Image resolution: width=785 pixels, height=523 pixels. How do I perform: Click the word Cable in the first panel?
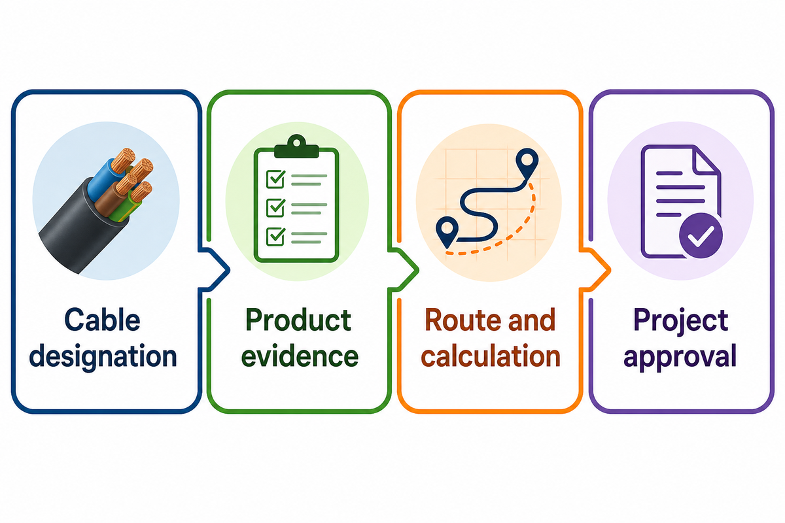102,320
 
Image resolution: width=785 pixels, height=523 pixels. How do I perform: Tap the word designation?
103,356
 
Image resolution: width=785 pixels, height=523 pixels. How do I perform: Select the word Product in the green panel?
298,320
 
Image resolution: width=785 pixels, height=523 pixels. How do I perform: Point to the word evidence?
300,356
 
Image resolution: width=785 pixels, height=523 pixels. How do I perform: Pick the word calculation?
490,356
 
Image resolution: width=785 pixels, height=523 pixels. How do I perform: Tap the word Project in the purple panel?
681,321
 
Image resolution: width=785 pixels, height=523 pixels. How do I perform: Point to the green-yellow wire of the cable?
126,209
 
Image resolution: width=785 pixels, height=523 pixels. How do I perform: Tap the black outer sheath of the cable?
78,228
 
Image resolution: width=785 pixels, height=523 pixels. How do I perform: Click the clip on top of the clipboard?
296,146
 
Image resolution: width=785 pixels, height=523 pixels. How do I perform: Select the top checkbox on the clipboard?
275,179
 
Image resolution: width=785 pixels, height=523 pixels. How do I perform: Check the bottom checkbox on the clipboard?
275,237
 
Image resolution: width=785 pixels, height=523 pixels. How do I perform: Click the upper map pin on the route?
527,163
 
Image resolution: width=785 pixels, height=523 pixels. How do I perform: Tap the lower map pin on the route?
447,232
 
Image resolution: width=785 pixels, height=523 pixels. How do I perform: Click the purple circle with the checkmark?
701,235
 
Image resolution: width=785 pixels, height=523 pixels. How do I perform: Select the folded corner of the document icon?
706,161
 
